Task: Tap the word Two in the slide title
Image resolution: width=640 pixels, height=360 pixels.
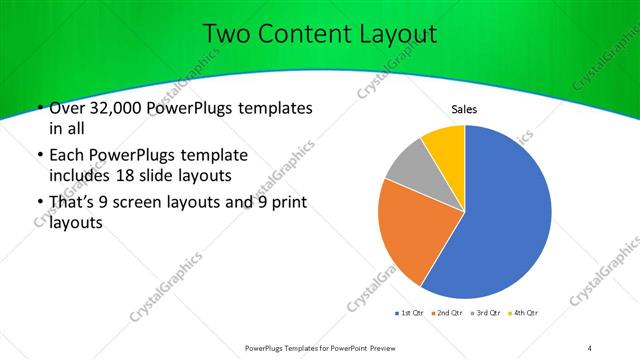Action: click(x=227, y=33)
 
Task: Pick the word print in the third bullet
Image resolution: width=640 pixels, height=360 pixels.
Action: click(x=285, y=204)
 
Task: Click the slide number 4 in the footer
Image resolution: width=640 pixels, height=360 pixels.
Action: click(x=590, y=347)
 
